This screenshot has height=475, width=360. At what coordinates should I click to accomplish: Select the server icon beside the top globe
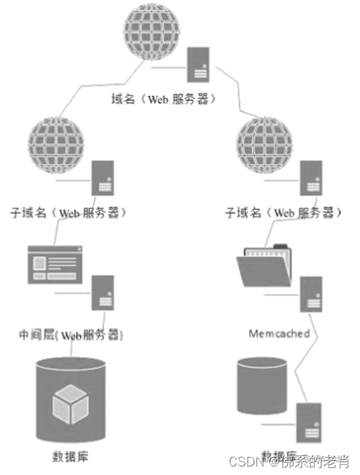click(x=198, y=64)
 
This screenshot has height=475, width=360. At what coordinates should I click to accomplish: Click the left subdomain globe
click(x=57, y=144)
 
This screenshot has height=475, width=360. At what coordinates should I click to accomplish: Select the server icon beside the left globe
click(x=104, y=178)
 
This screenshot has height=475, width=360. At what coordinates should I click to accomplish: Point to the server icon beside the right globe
click(x=309, y=178)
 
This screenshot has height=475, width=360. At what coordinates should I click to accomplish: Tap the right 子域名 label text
click(x=279, y=213)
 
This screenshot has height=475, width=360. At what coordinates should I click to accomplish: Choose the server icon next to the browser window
click(x=104, y=294)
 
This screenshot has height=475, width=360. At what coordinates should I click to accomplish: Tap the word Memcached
click(x=279, y=334)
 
